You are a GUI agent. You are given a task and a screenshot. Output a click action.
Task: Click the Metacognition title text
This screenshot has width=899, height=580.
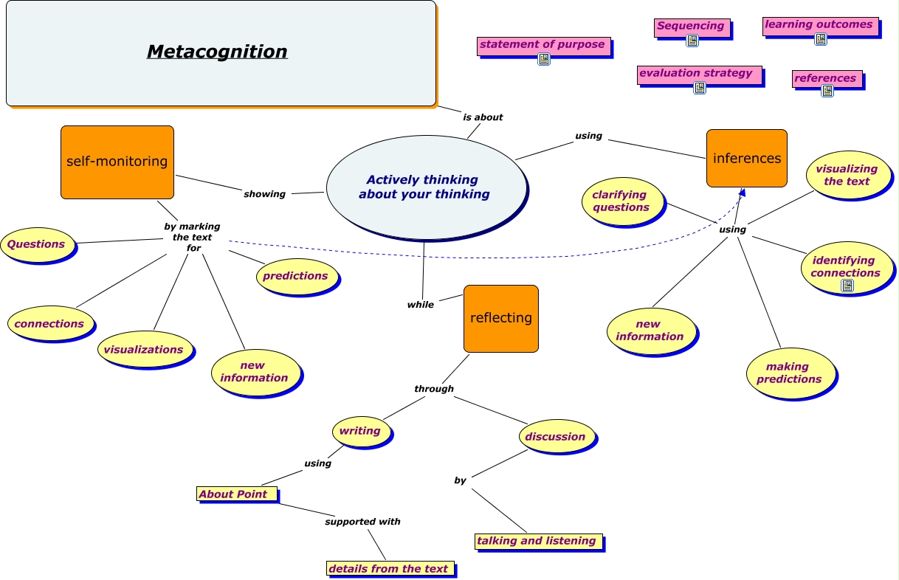point(217,52)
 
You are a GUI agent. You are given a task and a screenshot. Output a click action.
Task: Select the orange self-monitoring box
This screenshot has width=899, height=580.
point(117,162)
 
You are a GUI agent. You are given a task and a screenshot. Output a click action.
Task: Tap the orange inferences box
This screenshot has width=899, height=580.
point(746,158)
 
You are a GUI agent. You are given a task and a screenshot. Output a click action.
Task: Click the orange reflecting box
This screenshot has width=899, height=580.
point(500,318)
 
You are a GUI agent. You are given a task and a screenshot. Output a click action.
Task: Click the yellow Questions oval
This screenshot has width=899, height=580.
point(37,244)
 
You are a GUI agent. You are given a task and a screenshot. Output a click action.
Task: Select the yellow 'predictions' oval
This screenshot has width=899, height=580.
point(296,276)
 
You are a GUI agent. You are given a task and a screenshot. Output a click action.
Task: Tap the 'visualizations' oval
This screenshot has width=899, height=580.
point(144,349)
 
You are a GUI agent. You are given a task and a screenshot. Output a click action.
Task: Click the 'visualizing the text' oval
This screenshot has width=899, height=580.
point(847,175)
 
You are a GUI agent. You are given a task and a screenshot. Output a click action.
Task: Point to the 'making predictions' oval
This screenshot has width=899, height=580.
point(789,373)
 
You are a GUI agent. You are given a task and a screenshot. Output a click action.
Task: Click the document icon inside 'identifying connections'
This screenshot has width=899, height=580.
point(847,286)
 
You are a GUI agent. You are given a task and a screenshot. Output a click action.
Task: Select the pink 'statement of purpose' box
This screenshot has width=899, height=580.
point(542,45)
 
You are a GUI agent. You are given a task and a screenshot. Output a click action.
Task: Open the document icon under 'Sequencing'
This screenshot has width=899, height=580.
point(692,41)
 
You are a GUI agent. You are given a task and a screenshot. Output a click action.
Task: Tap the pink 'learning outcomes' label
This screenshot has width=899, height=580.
point(819,25)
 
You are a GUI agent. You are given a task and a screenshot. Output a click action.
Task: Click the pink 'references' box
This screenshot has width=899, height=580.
point(826,78)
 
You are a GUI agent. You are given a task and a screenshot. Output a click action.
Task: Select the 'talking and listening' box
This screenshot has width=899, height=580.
point(537,541)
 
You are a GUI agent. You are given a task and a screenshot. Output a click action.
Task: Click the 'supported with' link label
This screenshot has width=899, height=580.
point(362,522)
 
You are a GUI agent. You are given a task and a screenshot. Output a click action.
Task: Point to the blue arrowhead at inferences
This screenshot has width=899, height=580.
point(742,192)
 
